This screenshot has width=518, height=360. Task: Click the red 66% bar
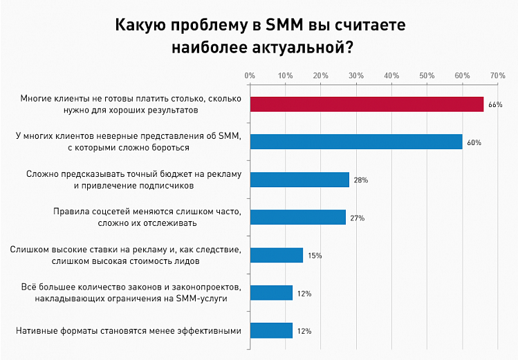[367, 104]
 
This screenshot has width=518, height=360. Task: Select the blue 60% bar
[356, 142]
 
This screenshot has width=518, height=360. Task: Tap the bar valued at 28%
[299, 180]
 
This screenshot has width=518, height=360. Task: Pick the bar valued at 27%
[297, 218]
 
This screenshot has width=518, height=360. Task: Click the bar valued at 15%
[277, 255]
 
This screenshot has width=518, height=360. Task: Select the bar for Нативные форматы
[271, 330]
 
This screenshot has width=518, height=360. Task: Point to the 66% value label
[494, 105]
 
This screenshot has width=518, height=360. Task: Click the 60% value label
[474, 142]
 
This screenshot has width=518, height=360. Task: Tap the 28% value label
[360, 180]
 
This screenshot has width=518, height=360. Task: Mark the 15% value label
[315, 256]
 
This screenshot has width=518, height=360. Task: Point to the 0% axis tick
[250, 75]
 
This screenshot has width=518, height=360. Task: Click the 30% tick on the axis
[355, 75]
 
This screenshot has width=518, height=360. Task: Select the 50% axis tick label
[427, 75]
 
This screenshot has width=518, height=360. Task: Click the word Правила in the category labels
[70, 211]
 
